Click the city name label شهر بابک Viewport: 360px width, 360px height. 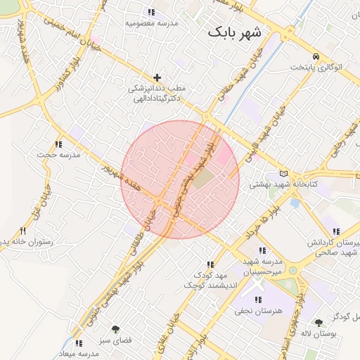click(x=235, y=33)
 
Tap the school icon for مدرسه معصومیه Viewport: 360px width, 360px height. click(x=150, y=12)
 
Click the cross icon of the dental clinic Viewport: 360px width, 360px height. click(x=157, y=77)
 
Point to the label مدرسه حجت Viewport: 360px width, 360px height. click(x=59, y=154)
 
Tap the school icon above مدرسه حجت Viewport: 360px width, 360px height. click(x=59, y=143)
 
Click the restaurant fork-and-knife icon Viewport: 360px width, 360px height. click(x=23, y=231)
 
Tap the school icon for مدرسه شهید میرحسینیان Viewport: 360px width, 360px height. click(x=262, y=250)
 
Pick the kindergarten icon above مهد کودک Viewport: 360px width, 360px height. click(x=209, y=264)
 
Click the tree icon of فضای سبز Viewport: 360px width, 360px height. click(x=115, y=328)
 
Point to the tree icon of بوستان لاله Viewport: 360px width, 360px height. click(x=319, y=322)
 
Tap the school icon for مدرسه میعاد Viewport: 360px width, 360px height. click(x=78, y=343)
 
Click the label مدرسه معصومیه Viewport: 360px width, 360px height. click(x=150, y=22)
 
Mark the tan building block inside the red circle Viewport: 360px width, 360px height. click(x=202, y=179)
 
